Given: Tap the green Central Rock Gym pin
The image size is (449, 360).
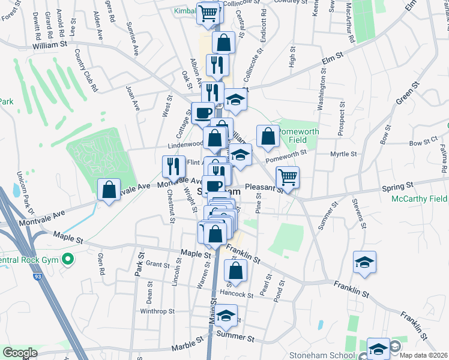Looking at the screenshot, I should click(x=68, y=260).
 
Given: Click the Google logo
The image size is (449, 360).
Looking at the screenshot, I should click(x=20, y=353).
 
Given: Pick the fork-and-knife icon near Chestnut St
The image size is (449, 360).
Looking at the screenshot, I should click(x=173, y=166).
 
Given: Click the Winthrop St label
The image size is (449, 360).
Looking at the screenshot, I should click(x=157, y=311).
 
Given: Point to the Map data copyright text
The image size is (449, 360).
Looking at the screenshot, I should click(x=423, y=355).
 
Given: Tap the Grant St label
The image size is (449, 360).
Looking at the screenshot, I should click(x=158, y=264).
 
